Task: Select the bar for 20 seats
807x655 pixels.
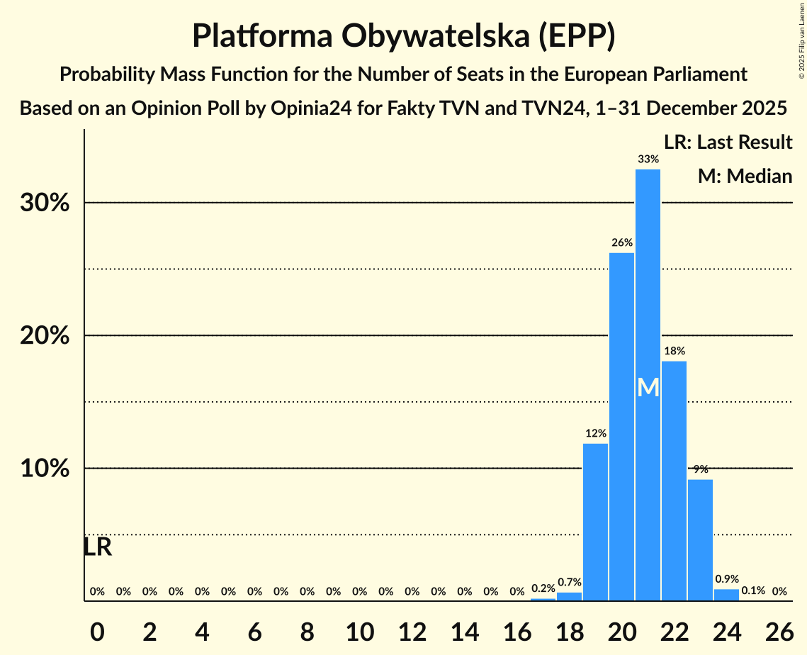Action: coord(621,425)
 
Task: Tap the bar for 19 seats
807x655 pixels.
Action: coord(595,522)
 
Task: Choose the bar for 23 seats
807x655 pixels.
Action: coord(700,539)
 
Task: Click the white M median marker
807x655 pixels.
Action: coord(648,388)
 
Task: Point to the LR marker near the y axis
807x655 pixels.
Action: coord(97,547)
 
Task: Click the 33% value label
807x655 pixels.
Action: coord(648,159)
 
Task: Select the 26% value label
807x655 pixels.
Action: coord(621,242)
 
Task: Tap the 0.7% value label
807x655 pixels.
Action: coord(569,583)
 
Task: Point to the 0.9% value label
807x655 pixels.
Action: coord(726,578)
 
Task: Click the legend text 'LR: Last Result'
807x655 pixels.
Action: coord(728,142)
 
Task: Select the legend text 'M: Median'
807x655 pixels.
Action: coord(745,176)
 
